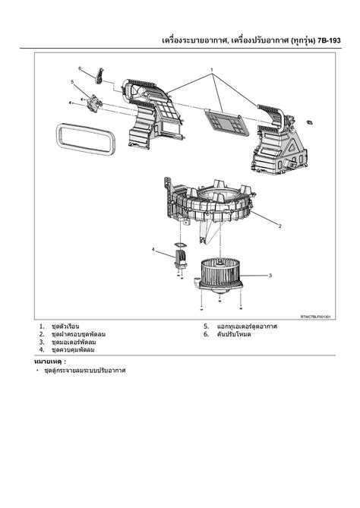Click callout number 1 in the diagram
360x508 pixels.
212,70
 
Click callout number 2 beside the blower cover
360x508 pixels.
280,226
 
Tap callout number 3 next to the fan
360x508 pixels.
270,276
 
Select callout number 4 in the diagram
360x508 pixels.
153,249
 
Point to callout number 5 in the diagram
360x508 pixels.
72,82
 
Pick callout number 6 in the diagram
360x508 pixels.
80,68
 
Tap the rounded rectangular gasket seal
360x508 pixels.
86,139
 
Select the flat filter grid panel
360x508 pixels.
228,121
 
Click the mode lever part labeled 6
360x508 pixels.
99,76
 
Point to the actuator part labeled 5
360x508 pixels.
94,103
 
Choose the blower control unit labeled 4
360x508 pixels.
181,258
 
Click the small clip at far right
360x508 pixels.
309,121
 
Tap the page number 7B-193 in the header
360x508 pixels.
329,40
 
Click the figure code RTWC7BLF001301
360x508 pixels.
315,317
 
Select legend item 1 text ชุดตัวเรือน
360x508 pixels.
65,327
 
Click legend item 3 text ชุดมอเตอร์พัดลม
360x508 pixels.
74,342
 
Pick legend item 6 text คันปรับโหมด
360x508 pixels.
234,334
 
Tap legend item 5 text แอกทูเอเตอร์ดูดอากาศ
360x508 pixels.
247,327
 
